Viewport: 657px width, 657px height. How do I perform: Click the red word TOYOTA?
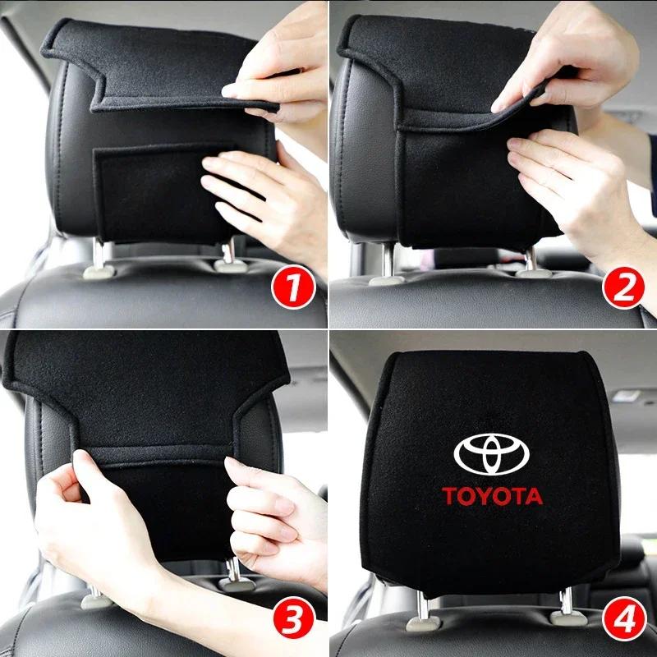coord(493,496)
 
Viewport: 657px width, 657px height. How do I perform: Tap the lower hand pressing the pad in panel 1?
coord(263,197)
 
